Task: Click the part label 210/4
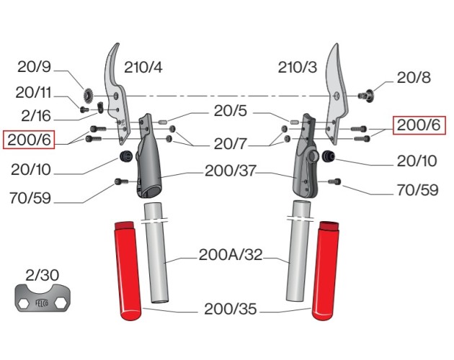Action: (143, 68)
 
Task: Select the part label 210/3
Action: (298, 68)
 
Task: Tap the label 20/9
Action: (34, 69)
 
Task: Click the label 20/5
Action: (231, 112)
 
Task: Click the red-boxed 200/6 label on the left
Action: (30, 139)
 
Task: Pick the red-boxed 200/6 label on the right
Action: (419, 125)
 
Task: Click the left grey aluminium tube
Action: (156, 259)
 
